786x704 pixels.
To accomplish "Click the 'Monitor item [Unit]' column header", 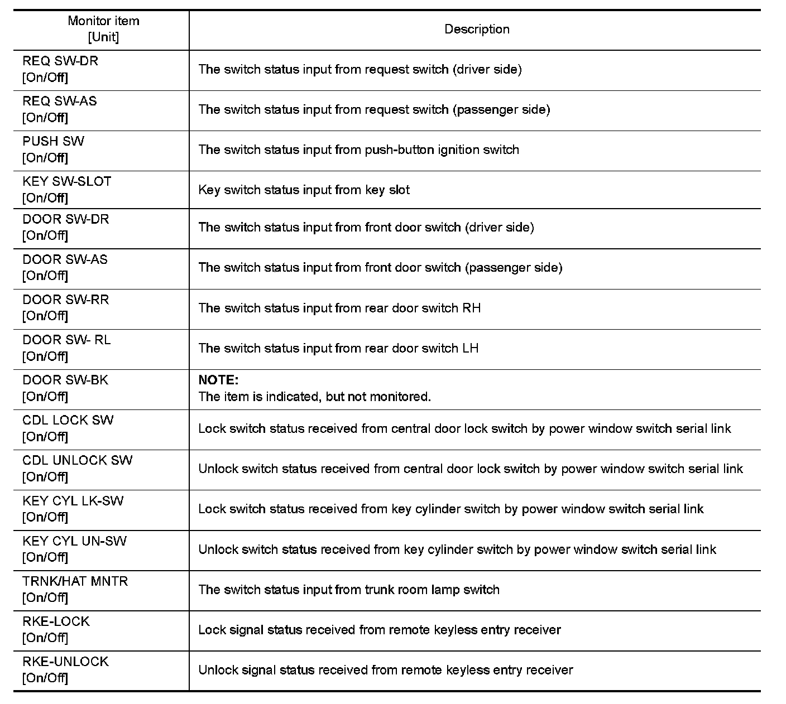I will pos(103,29).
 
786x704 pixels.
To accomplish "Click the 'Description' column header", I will pos(477,30).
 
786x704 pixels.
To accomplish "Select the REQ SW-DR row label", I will pos(60,61).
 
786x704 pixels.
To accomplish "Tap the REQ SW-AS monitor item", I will pos(59,101).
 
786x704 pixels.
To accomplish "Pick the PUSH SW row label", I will pos(54,141).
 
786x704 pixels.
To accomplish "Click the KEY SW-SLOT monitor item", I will pos(67,181).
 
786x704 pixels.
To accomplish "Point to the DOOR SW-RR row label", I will pos(65,300).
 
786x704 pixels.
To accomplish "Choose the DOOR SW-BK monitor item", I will pos(65,380).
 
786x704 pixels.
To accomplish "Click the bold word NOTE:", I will pos(218,380).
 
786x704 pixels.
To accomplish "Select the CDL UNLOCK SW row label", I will pos(78,460).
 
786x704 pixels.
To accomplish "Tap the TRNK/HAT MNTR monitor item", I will pos(75,581).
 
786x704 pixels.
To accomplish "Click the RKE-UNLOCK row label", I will pos(65,662).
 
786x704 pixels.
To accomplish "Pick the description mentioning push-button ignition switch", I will pos(358,150).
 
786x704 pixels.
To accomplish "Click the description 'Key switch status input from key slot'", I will pos(304,190).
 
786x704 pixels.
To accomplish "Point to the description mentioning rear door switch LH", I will pos(338,349).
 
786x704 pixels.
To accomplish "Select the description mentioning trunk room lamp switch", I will pos(349,590).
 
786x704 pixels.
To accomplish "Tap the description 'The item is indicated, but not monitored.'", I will pos(315,397).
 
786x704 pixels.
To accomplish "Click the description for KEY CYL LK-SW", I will pos(450,509).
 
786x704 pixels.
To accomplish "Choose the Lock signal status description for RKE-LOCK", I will pos(380,630).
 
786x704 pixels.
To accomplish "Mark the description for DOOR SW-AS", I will pos(380,268).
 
